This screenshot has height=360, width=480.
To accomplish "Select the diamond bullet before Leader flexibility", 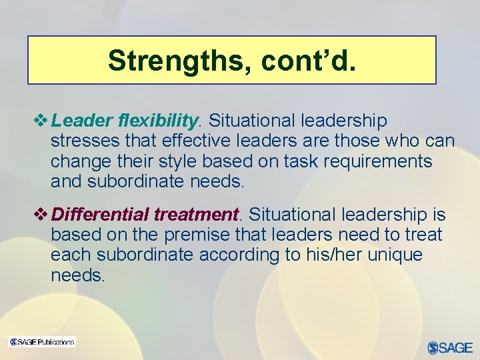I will (44, 121).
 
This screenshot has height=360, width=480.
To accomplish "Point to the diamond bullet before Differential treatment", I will (44, 215).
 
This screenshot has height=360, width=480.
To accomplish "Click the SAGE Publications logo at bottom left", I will (42, 342).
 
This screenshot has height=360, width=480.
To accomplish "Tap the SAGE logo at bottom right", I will (450, 347).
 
